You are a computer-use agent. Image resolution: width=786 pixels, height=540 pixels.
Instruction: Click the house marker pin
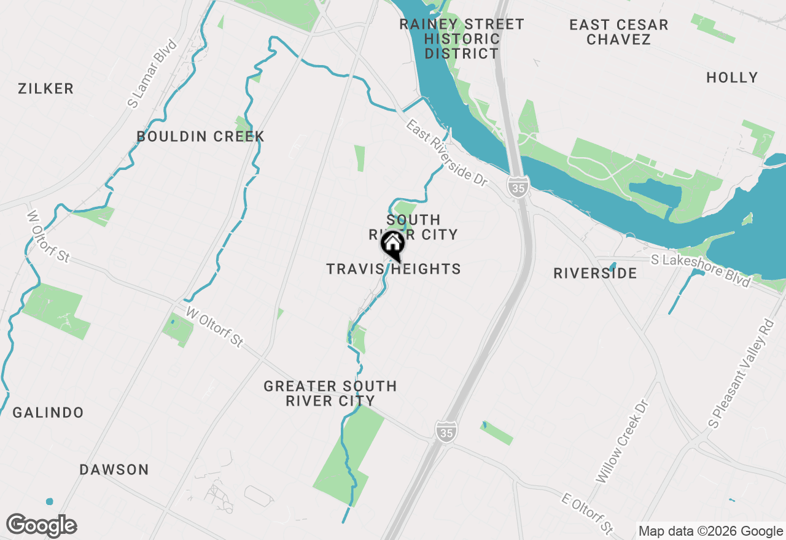393,245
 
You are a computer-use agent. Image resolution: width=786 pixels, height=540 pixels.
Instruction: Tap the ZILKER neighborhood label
46,88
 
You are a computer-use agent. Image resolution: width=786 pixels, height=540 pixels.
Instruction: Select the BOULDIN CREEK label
201,136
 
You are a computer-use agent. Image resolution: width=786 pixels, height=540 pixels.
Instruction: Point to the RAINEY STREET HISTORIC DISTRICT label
462,39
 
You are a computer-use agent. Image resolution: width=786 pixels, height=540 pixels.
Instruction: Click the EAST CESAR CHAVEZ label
618,32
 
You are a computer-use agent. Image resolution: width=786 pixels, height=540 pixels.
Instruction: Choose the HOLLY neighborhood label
732,77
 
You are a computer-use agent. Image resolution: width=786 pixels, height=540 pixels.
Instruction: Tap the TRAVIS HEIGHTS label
394,269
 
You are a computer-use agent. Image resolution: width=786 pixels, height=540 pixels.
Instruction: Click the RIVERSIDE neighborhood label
595,273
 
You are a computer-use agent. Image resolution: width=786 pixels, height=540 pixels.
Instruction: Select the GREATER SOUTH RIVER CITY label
330,393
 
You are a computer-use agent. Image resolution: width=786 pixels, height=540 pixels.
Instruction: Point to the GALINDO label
49,412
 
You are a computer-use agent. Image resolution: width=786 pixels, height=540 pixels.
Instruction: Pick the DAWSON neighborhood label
114,469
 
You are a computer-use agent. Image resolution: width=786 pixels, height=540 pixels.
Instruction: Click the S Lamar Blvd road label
152,74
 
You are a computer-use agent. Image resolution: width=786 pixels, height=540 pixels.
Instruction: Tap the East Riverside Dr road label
446,153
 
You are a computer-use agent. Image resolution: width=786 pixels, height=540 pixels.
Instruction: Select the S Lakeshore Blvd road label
701,271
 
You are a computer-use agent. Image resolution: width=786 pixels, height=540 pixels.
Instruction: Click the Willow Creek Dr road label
623,441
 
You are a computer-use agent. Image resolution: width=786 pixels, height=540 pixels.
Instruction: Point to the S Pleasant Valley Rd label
742,374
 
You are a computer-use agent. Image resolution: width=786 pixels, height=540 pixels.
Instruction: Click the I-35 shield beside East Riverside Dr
518,187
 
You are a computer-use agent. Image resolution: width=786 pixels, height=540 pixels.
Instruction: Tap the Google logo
41,526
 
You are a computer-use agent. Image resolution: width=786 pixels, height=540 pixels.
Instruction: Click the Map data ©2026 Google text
710,531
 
